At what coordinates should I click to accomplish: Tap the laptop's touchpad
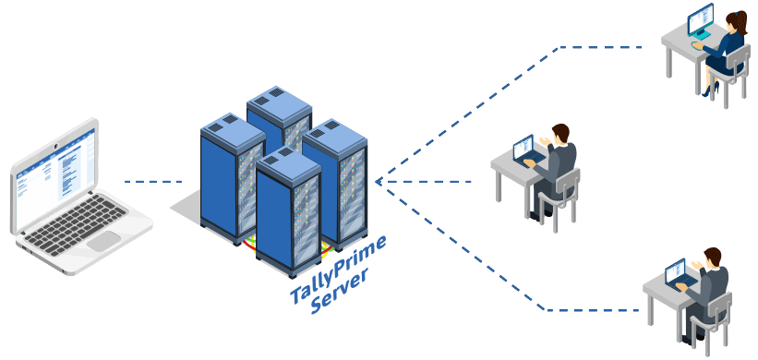[102, 240]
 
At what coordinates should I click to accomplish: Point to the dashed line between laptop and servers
[153, 181]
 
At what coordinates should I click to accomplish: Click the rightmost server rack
[337, 180]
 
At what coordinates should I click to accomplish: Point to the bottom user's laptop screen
[676, 270]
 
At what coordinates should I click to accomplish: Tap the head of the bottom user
[712, 256]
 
